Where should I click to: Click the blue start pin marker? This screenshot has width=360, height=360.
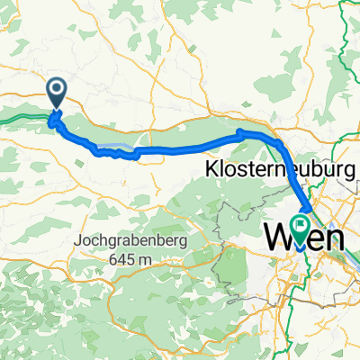click(56, 92)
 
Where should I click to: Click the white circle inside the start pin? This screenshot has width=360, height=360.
click(56, 88)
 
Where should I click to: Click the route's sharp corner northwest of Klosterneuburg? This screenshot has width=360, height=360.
click(239, 133)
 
